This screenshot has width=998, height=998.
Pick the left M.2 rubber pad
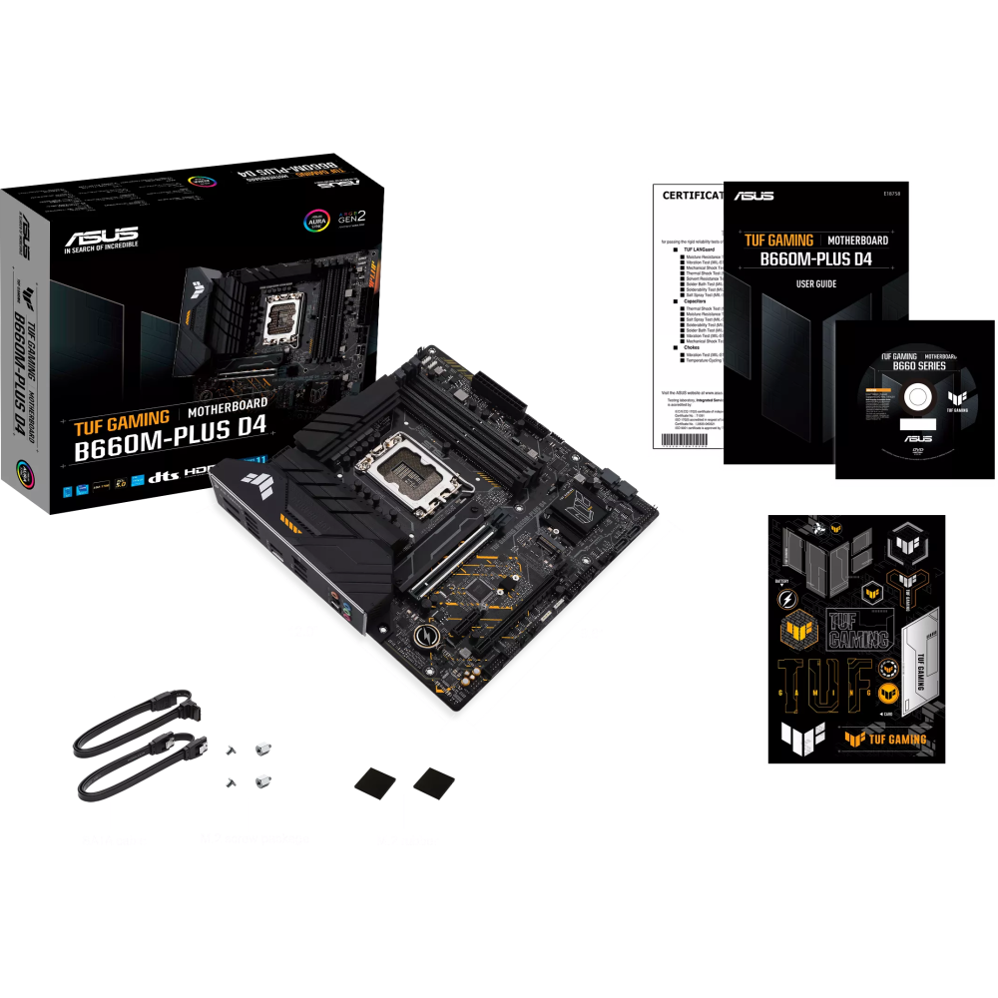375,778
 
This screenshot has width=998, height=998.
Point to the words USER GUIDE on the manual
815,284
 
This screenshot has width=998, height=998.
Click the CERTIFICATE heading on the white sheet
693,196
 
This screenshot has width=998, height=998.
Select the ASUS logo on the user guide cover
750,196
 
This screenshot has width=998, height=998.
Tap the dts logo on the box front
163,476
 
